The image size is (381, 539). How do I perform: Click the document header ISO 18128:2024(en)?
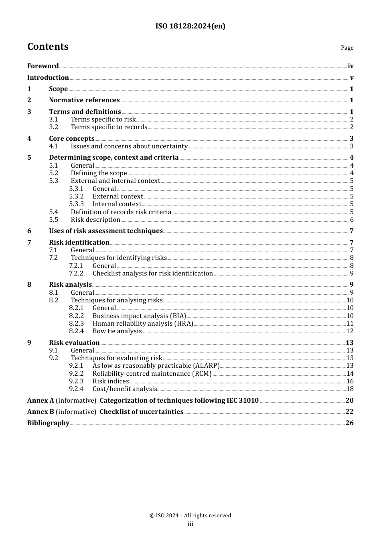pyautogui.click(x=190, y=26)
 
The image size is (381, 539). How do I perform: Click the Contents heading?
pyautogui.click(x=48, y=47)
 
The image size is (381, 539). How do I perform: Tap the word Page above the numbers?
pyautogui.click(x=347, y=48)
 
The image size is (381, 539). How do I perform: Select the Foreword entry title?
pyautogui.click(x=43, y=66)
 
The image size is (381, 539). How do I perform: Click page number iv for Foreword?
pyautogui.click(x=351, y=66)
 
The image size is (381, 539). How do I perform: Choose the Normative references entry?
pyautogui.click(x=84, y=100)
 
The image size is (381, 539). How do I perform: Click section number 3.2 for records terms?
pyautogui.click(x=54, y=127)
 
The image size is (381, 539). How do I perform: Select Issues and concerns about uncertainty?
pyautogui.click(x=129, y=146)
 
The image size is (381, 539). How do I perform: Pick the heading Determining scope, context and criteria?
pyautogui.click(x=114, y=158)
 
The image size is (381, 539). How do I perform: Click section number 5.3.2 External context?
pyautogui.click(x=76, y=197)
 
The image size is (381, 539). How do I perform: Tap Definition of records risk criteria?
pyautogui.click(x=121, y=212)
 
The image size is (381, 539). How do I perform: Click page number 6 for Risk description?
pyautogui.click(x=352, y=220)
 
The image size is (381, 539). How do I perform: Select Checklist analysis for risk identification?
pyautogui.click(x=153, y=274)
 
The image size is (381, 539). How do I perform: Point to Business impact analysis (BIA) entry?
pyautogui.click(x=139, y=316)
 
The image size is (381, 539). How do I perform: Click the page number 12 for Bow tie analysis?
pyautogui.click(x=350, y=331)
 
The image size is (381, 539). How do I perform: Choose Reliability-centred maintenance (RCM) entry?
pyautogui.click(x=152, y=374)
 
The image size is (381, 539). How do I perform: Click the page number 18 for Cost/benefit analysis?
pyautogui.click(x=350, y=389)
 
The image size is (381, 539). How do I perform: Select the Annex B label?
pyautogui.click(x=41, y=412)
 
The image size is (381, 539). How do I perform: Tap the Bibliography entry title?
pyautogui.click(x=48, y=423)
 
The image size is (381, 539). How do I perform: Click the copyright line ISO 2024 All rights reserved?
pyautogui.click(x=190, y=516)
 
